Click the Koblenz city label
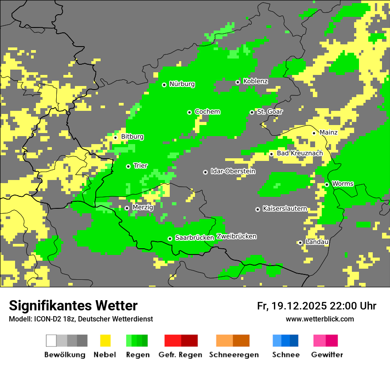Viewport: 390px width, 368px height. pos(255,81)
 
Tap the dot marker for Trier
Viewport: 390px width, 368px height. pos(128,166)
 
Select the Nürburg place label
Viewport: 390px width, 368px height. pos(182,84)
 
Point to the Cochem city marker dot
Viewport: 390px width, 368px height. pos(189,112)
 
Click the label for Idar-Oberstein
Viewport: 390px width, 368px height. pos(233,171)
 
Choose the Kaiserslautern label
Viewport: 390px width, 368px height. pos(285,208)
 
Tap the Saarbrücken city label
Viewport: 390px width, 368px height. pos(194,238)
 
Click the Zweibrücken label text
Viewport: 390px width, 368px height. pos(236,236)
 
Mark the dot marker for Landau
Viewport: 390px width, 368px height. pos(300,243)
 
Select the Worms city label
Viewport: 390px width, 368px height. pos(342,184)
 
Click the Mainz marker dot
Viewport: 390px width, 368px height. pos(314,133)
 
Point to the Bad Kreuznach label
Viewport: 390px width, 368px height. pos(300,153)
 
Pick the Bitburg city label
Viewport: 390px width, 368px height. pos(132,137)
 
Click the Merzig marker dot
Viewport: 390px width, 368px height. pos(127,208)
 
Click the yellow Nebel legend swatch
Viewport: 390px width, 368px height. pos(105,341)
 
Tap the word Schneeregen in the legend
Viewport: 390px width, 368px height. pos(234,355)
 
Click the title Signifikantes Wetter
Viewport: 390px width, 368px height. pos(73,305)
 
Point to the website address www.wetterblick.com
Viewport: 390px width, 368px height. pos(320,319)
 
